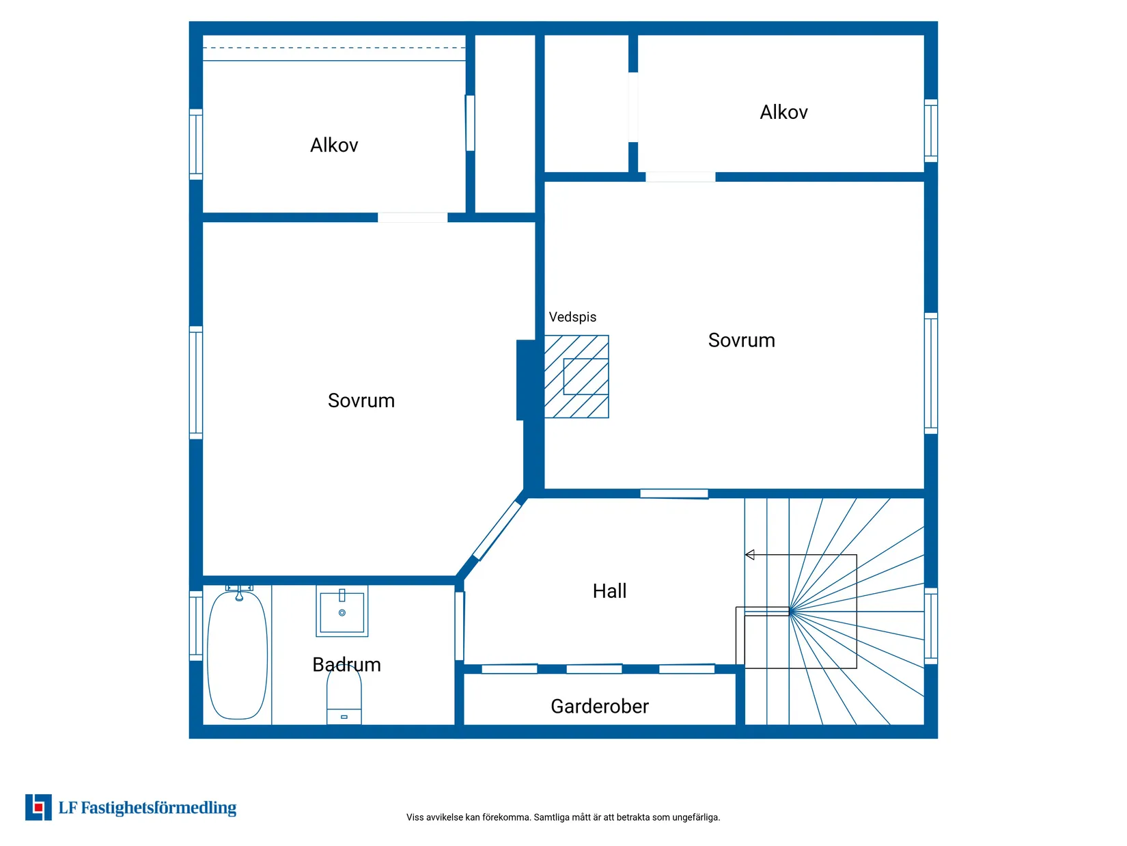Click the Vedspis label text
572,317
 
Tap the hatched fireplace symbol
576,377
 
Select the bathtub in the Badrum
237,655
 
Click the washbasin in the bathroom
342,612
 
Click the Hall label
609,591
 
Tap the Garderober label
600,707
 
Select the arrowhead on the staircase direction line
749,555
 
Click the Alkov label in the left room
334,146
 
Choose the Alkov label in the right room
783,113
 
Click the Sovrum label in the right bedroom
741,340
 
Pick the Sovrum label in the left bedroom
361,400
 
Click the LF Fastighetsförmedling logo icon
38,807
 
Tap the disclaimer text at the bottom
563,817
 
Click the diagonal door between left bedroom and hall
497,531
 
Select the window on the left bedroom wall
196,383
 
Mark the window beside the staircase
930,625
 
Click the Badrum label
346,665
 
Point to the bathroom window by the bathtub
196,625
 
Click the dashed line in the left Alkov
334,48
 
